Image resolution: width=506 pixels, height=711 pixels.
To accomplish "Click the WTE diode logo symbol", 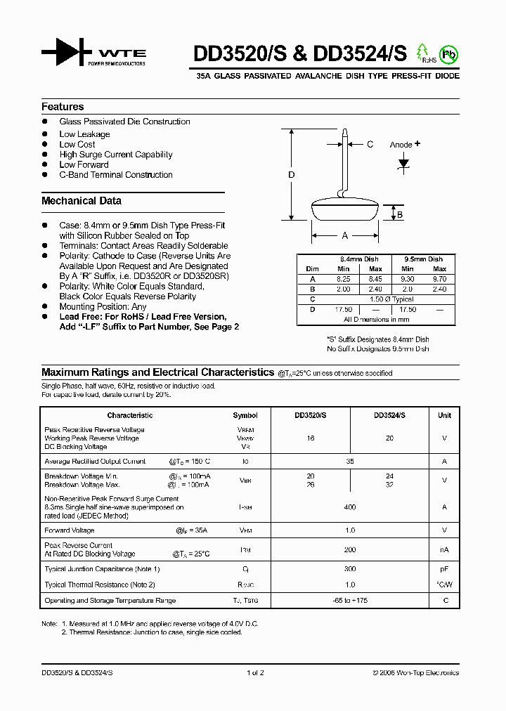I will (67, 53).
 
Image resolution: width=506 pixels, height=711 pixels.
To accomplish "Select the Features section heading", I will (63, 107).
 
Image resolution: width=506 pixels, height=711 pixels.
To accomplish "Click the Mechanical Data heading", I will (82, 201).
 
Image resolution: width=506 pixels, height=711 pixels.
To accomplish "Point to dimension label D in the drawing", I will (292, 175).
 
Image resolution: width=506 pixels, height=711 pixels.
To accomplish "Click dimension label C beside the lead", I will (370, 145).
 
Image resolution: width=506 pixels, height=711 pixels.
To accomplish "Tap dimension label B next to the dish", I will (400, 215).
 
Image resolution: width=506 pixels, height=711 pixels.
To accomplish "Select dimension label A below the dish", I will (344, 236).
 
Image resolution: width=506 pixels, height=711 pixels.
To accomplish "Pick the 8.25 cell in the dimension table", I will (343, 279).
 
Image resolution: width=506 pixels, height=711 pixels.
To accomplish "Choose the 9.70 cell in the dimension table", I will (439, 279).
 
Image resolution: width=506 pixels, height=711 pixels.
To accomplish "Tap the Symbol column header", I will (245, 415).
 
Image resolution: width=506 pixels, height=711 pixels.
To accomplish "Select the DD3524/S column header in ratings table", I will (389, 415).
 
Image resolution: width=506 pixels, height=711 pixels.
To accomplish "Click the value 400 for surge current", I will (350, 507).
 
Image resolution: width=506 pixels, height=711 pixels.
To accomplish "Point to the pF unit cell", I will (444, 569).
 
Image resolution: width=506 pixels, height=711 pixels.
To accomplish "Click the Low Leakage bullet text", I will (84, 134).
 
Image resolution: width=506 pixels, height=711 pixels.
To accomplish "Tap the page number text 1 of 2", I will (255, 673).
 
